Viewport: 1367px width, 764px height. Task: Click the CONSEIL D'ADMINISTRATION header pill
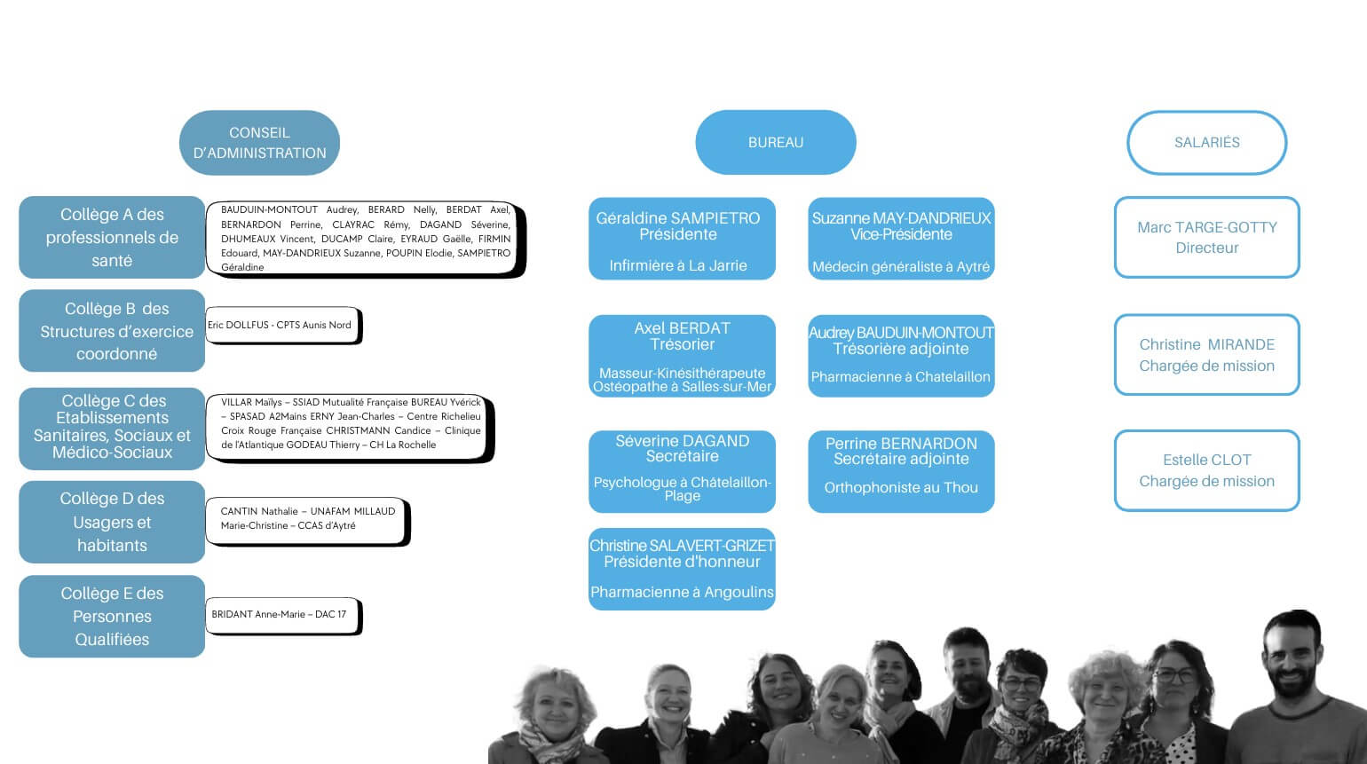[x=259, y=143]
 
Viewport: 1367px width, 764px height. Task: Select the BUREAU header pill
[x=776, y=142]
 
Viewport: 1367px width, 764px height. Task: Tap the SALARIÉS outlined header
[x=1206, y=143]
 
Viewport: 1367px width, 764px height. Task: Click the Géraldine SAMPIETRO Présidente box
[x=682, y=239]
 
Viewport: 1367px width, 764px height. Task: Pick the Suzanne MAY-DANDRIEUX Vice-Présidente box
[x=901, y=239]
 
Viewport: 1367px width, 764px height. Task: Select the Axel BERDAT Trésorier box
[x=682, y=357]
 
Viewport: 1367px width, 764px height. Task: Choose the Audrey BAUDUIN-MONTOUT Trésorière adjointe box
[x=901, y=357]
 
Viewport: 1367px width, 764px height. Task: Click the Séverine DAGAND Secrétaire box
[x=682, y=472]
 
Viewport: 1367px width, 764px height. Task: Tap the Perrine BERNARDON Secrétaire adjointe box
[x=901, y=472]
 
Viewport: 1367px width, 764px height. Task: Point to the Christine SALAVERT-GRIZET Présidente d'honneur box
[x=682, y=570]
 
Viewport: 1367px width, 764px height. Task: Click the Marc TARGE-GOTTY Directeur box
[x=1206, y=238]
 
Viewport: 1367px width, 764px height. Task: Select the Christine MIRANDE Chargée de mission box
[x=1206, y=355]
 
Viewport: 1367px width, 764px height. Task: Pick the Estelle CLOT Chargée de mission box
[x=1206, y=470]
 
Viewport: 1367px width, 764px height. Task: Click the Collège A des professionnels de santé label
[x=112, y=238]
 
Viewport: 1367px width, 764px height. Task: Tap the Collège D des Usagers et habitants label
[x=112, y=522]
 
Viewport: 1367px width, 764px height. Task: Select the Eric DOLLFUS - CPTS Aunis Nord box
[x=284, y=326]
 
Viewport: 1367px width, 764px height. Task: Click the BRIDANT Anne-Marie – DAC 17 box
[x=284, y=616]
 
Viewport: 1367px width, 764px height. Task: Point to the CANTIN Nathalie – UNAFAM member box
[x=308, y=522]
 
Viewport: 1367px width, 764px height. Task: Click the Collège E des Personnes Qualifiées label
[x=112, y=617]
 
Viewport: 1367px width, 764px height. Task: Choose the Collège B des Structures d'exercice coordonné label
[x=112, y=331]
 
